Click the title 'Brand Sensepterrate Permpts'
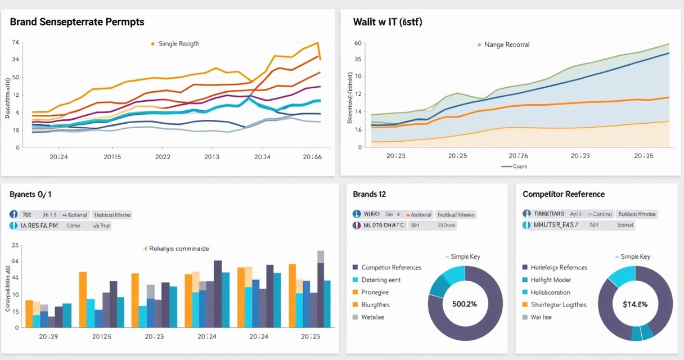[x=77, y=22]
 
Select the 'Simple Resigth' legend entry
[x=178, y=43]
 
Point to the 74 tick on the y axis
[x=15, y=43]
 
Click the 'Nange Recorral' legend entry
[x=506, y=44]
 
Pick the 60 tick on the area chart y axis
[x=357, y=43]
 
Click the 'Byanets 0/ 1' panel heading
[x=31, y=194]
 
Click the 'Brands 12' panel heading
[x=369, y=194]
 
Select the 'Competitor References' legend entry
[x=391, y=267]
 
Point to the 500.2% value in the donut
[x=465, y=304]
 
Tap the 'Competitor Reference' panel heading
[x=564, y=194]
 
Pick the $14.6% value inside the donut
[x=635, y=304]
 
